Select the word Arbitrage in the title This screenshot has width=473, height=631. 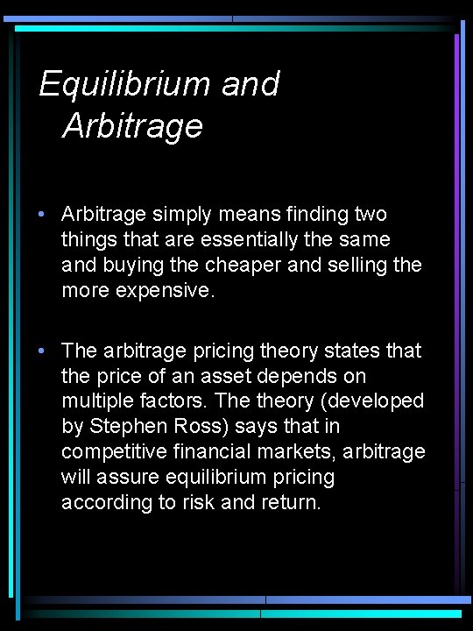pyautogui.click(x=133, y=126)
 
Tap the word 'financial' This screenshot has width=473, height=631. pyautogui.click(x=209, y=451)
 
